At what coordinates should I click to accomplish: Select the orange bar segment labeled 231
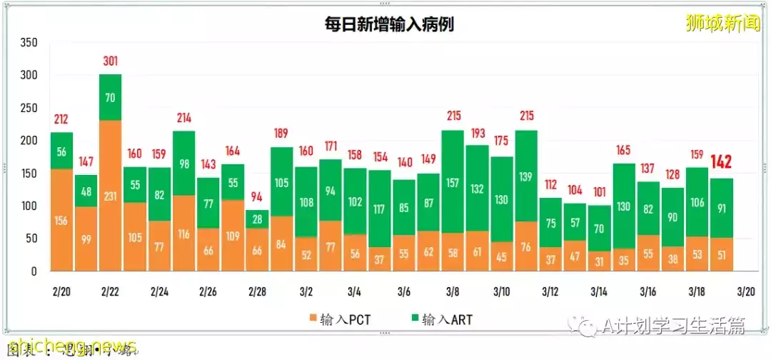(110, 196)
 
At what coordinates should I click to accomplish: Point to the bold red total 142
(722, 163)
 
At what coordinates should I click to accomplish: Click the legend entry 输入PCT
(341, 319)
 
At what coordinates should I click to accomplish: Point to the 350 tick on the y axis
(29, 43)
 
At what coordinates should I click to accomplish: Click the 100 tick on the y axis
(29, 206)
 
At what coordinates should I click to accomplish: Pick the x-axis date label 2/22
(110, 292)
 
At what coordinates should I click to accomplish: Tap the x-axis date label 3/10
(501, 292)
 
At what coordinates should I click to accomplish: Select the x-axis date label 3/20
(746, 292)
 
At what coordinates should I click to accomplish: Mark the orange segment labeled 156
(61, 220)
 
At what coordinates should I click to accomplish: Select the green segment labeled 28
(257, 219)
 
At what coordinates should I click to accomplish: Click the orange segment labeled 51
(722, 254)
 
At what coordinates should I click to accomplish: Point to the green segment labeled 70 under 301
(110, 97)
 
